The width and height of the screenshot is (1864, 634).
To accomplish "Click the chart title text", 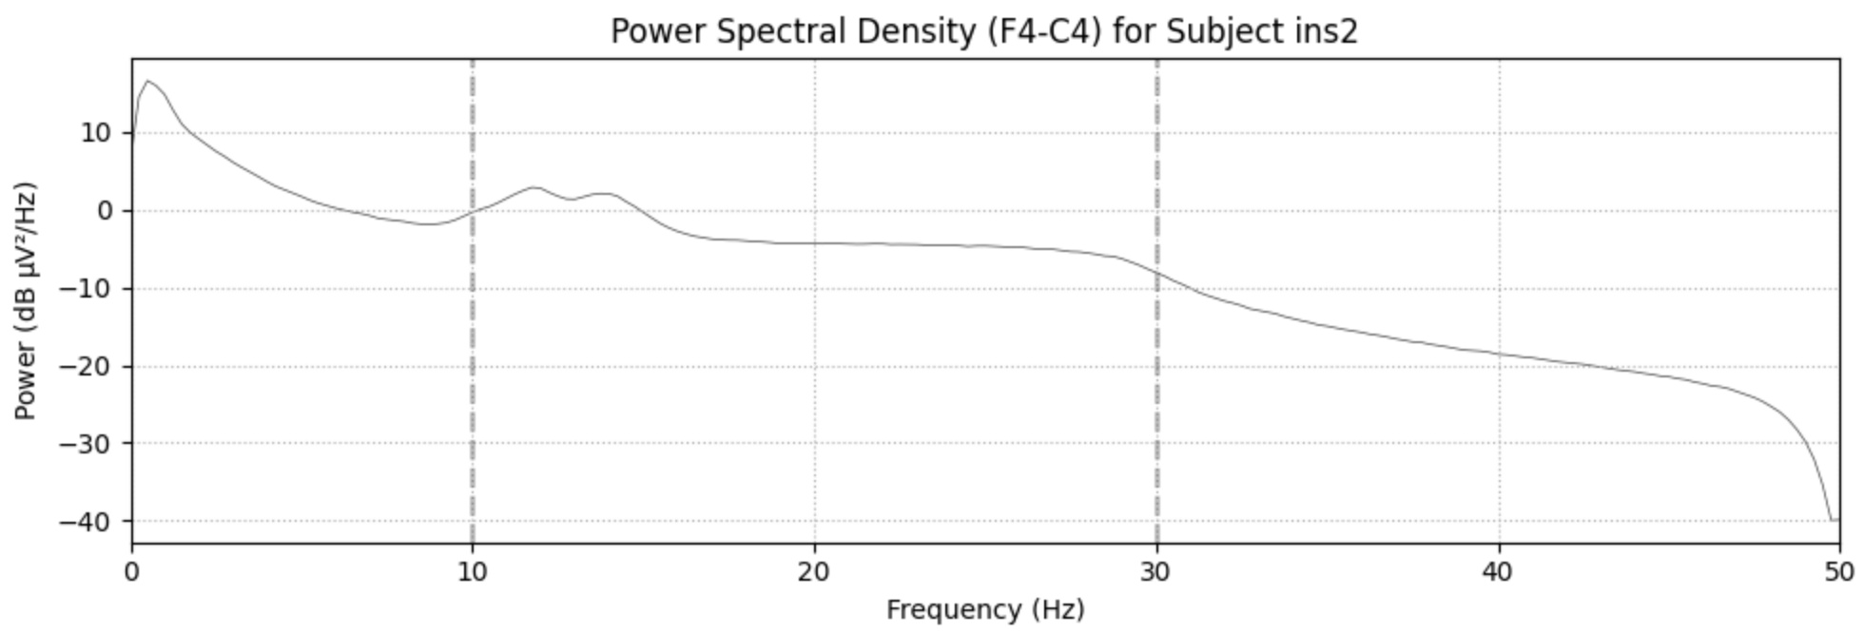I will [983, 31].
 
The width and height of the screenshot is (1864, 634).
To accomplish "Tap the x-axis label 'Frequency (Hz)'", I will [985, 609].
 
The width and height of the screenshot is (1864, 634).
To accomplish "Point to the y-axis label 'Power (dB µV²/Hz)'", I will [26, 300].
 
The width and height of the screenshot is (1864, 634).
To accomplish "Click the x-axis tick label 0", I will [132, 571].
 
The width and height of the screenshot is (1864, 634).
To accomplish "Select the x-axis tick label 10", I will [473, 571].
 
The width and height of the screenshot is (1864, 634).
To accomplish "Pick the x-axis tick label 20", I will [815, 571].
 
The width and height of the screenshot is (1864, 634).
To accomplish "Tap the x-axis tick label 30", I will [1157, 571].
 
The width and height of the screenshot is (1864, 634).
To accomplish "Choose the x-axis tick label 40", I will [1499, 571].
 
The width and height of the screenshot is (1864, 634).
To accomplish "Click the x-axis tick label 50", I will [1840, 571].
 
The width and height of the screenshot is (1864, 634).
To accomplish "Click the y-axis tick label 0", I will [105, 211].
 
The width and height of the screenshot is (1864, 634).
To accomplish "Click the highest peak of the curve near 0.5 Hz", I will [147, 81].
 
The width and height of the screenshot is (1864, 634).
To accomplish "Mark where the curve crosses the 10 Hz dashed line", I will [473, 211].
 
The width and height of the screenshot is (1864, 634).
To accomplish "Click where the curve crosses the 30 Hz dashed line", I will [1157, 273].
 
